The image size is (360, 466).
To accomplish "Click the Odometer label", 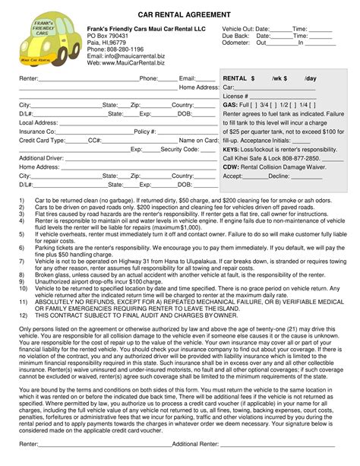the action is pos(235,43).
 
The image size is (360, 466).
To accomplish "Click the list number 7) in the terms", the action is pos(22,281).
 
